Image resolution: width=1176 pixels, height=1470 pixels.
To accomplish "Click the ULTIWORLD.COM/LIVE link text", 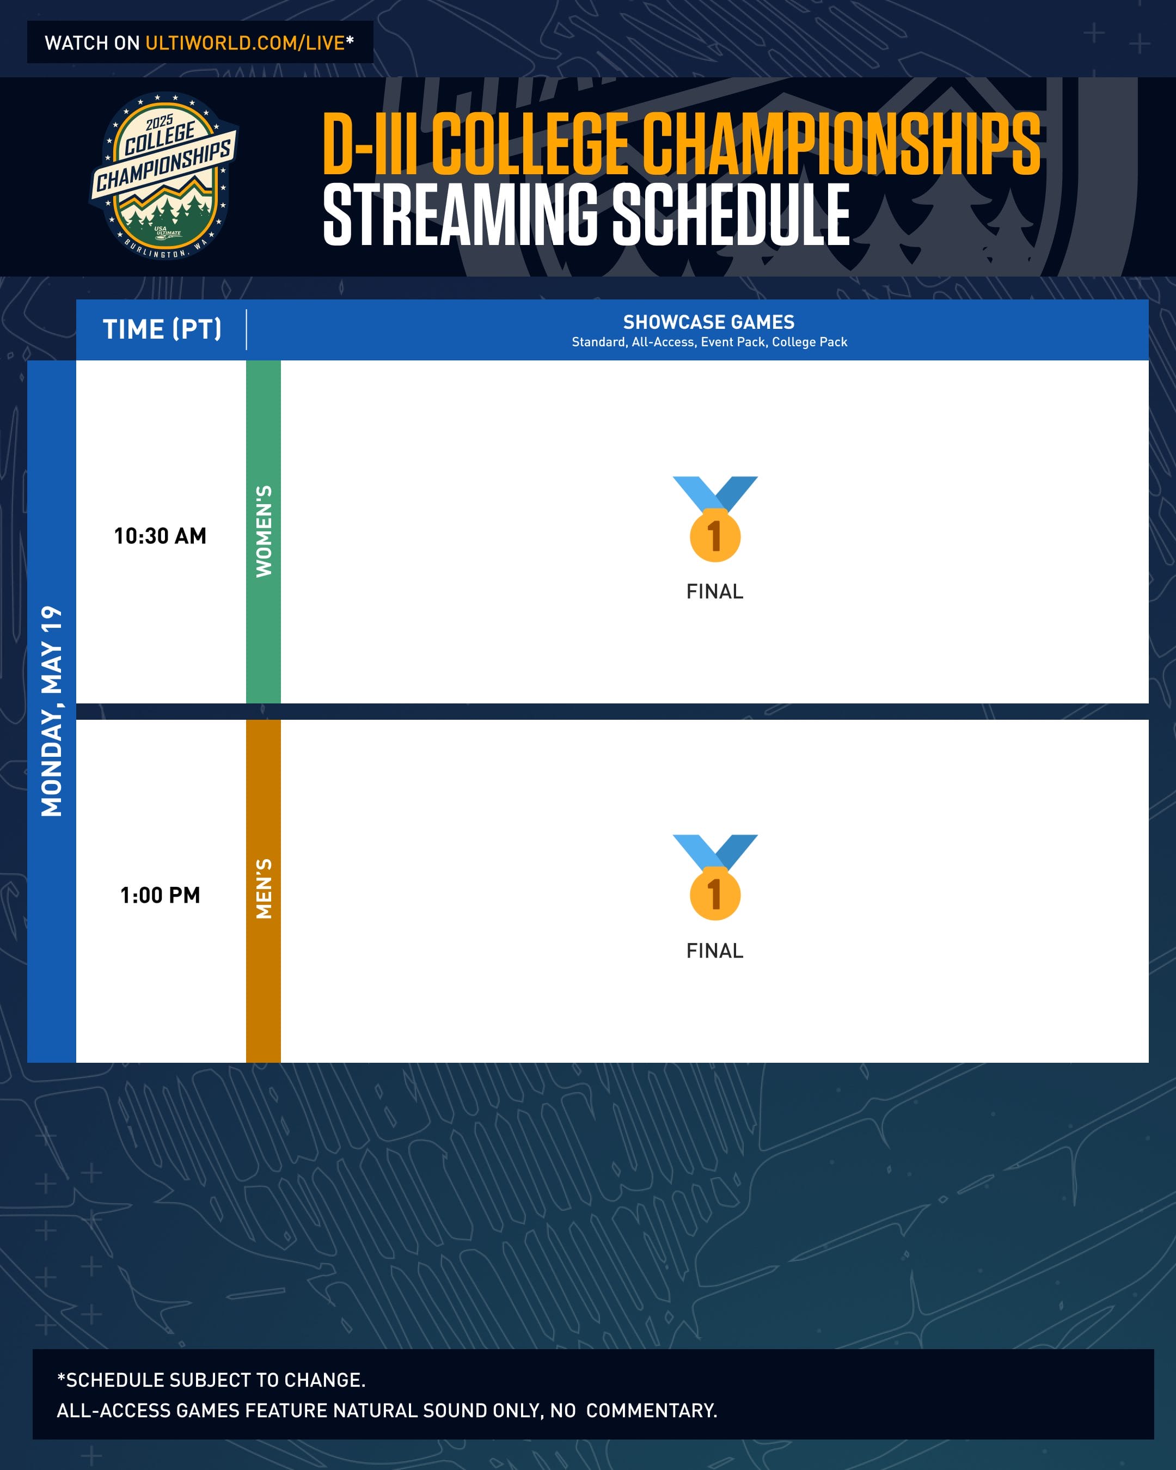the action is (x=246, y=43).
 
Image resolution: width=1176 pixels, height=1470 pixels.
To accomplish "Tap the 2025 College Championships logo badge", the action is (x=164, y=176).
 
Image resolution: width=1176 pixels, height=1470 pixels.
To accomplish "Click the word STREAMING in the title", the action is (x=460, y=215).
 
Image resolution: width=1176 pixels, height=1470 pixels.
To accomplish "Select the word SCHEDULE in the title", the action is (x=731, y=215).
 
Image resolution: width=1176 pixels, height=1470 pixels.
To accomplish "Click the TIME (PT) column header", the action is (x=162, y=329).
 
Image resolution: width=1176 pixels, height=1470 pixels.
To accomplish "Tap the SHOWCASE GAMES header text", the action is (x=709, y=322).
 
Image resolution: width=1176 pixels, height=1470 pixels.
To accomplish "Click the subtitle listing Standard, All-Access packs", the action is (x=709, y=341).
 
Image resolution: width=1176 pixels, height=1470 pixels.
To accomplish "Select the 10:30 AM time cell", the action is (x=160, y=536).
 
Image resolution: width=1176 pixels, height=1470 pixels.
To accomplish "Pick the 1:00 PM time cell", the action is (x=160, y=895).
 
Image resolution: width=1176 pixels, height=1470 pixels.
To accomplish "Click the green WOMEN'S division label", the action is (x=263, y=531).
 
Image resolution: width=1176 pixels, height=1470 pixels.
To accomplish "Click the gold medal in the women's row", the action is (x=715, y=519).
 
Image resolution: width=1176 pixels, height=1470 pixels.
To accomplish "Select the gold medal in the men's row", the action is (x=715, y=878).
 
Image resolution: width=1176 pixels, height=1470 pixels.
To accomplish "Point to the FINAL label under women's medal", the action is (x=714, y=591).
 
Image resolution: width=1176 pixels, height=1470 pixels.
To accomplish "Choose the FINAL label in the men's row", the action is (x=714, y=951).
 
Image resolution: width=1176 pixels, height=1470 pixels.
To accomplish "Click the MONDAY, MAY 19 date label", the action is (x=52, y=710).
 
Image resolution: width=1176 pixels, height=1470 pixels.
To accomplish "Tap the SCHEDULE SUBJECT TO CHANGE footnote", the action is (x=211, y=1380).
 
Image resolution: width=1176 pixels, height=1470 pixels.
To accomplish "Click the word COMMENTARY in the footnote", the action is (x=652, y=1411).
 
